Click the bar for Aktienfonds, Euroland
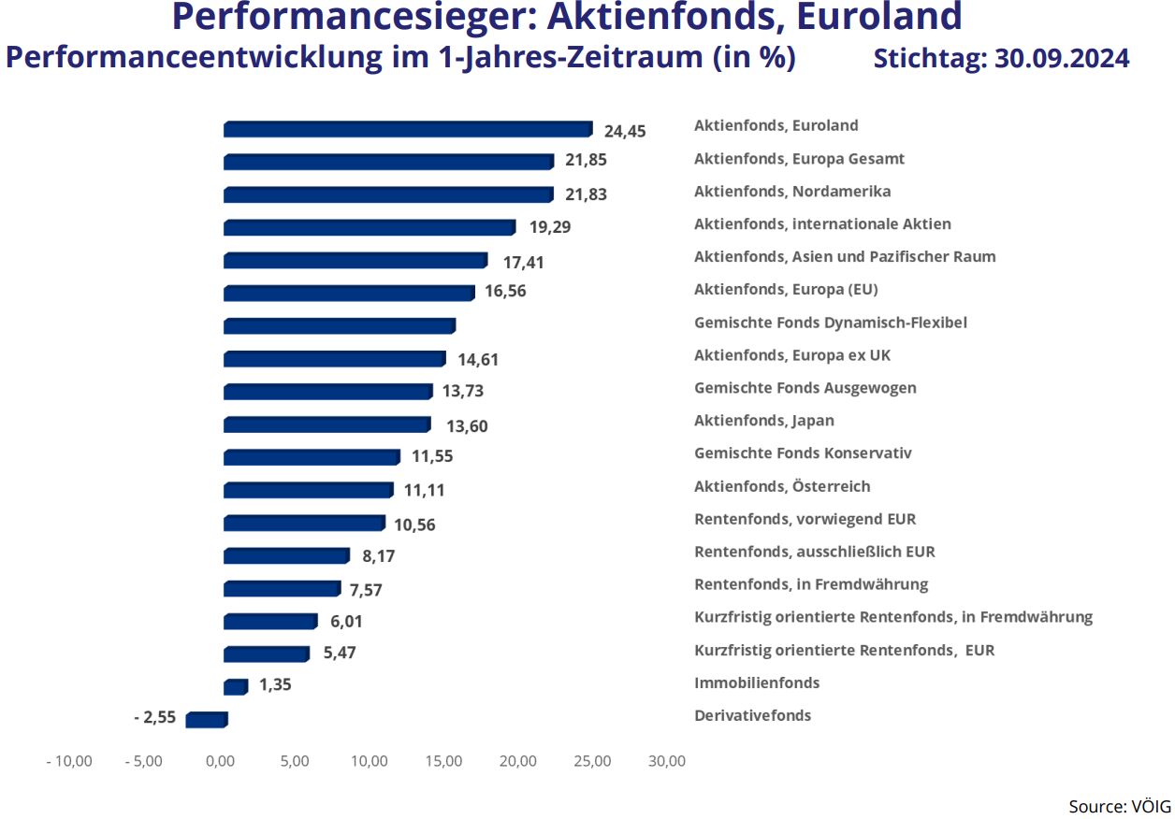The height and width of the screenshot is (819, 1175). pyautogui.click(x=408, y=129)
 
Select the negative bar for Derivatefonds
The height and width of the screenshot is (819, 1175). pyautogui.click(x=207, y=720)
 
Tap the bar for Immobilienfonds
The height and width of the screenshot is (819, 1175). pyautogui.click(x=236, y=687)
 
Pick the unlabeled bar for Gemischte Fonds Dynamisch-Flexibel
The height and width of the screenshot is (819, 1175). pyautogui.click(x=340, y=326)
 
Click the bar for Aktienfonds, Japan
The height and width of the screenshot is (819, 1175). pyautogui.click(x=327, y=424)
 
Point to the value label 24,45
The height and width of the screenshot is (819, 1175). pyautogui.click(x=625, y=131)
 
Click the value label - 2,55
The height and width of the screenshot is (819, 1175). pyautogui.click(x=154, y=718)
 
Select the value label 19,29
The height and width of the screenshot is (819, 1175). pyautogui.click(x=548, y=226)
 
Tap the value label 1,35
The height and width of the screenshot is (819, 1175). pyautogui.click(x=275, y=684)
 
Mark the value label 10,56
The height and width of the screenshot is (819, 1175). pyautogui.click(x=414, y=524)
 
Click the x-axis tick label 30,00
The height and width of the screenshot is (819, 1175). pyautogui.click(x=666, y=761)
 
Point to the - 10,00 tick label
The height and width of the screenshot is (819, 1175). pyautogui.click(x=69, y=761)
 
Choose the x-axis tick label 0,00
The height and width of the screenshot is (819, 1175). pyautogui.click(x=220, y=761)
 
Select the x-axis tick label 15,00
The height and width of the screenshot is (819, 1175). pyautogui.click(x=443, y=761)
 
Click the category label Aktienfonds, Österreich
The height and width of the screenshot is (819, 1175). pyautogui.click(x=782, y=486)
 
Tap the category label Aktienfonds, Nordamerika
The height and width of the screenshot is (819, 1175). pyautogui.click(x=792, y=192)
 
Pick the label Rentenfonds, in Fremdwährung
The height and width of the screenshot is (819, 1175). pyautogui.click(x=811, y=584)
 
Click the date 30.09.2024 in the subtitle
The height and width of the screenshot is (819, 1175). pyautogui.click(x=1061, y=59)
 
